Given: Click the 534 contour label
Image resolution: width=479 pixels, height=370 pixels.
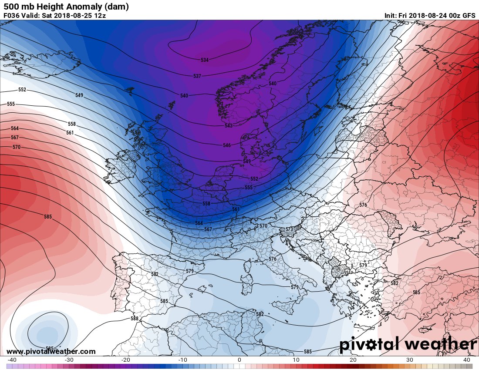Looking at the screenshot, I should coord(205,60).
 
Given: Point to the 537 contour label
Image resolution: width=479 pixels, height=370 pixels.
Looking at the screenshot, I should coord(197,76).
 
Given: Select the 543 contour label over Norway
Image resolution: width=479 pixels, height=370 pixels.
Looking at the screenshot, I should coord(229,125).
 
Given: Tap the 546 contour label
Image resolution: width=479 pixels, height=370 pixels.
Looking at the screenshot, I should coord(226,145).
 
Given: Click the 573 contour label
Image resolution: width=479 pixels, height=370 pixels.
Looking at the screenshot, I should coord(289,229).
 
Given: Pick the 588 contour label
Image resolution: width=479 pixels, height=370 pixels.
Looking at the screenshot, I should coord(135,319).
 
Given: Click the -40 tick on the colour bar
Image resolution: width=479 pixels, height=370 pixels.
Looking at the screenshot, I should coord(12,360).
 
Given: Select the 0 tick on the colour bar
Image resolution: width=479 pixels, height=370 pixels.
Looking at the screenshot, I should coord(239,360).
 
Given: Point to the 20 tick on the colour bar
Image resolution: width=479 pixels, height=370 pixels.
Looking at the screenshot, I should coord(353,360).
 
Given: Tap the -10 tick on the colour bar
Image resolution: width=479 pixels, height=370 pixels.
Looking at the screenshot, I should coord(182,360).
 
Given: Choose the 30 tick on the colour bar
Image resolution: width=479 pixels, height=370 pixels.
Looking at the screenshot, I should coord(410,360).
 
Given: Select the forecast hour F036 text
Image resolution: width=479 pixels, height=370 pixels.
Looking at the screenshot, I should coord(12,16).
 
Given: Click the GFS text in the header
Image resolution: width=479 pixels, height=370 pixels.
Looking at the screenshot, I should coord(469,16).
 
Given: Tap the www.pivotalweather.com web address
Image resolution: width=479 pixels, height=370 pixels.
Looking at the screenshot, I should coord(51,351).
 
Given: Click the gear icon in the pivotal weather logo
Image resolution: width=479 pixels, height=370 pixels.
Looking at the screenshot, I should coord(374,345).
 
